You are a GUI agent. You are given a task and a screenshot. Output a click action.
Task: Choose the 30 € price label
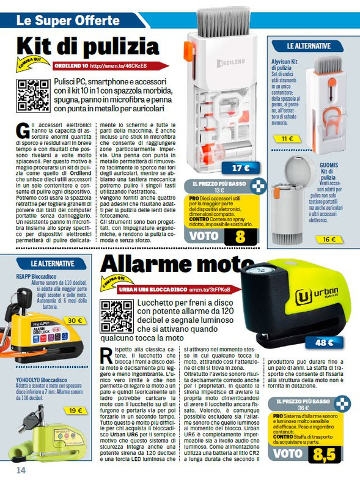[x=75, y=320]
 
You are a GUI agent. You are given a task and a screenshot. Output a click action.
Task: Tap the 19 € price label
[x=75, y=411]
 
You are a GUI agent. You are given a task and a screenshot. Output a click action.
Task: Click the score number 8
[x=240, y=235]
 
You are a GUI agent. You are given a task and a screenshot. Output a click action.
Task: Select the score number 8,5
[x=323, y=454]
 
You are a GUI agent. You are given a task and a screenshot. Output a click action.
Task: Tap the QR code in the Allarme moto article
[x=117, y=317]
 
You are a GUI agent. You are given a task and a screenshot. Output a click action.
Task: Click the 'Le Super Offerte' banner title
[x=59, y=21]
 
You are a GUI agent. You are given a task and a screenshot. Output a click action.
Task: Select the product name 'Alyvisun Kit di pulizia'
[x=285, y=65]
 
